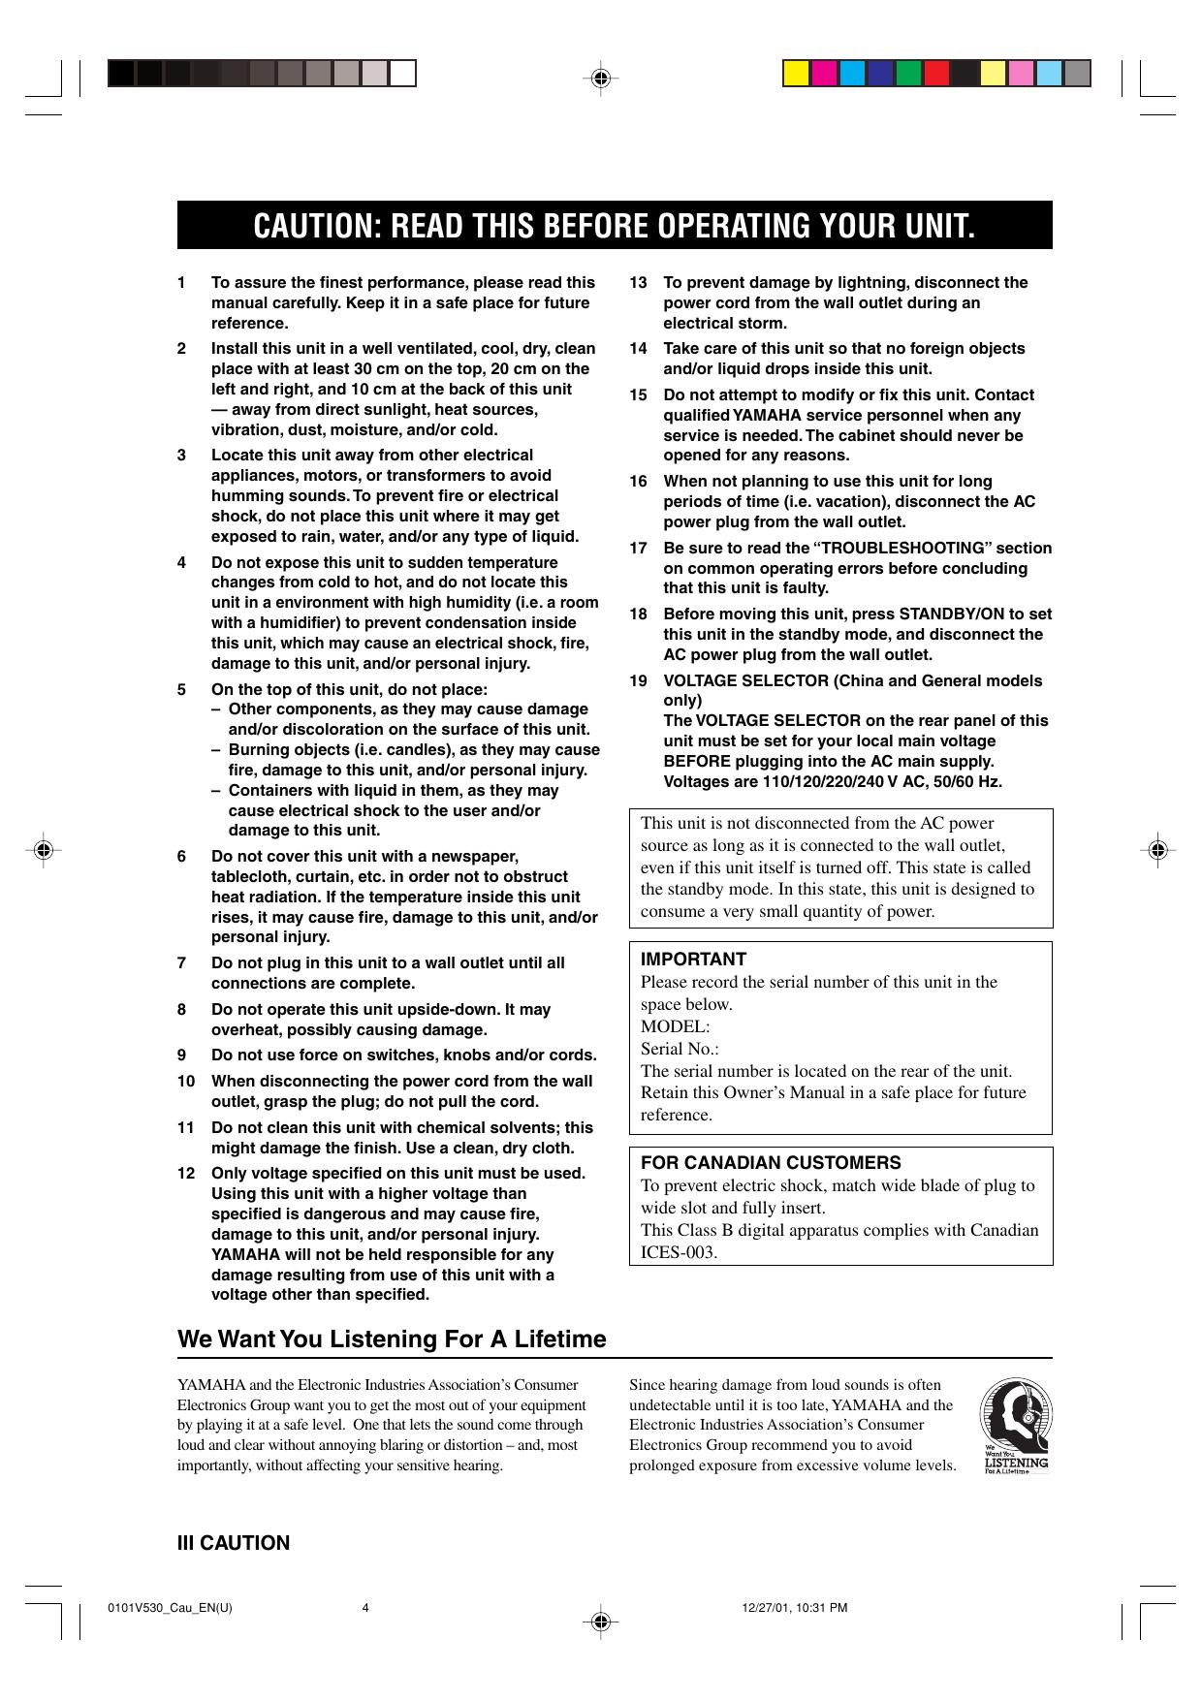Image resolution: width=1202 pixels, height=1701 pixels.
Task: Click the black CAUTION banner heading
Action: click(614, 226)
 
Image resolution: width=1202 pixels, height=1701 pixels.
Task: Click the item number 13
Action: click(638, 283)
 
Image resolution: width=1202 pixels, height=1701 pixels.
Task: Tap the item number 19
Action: click(638, 680)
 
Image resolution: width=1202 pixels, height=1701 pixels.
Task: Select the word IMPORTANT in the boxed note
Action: click(693, 960)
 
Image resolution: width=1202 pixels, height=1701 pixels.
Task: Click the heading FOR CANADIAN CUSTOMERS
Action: click(771, 1163)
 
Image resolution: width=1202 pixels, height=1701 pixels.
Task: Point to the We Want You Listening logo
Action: click(1014, 1426)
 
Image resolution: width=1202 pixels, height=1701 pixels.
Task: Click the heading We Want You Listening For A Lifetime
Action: click(392, 1339)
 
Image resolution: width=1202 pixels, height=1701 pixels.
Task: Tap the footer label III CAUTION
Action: click(233, 1543)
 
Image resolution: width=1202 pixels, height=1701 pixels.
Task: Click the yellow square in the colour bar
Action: click(796, 74)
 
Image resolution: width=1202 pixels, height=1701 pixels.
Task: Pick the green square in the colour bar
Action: click(908, 74)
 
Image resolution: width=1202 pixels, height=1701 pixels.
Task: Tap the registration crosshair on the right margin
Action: click(1155, 850)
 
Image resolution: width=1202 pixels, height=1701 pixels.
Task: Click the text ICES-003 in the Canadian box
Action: click(679, 1252)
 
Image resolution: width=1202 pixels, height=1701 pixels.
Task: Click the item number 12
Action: click(186, 1174)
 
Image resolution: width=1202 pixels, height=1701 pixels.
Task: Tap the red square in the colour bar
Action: click(936, 74)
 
